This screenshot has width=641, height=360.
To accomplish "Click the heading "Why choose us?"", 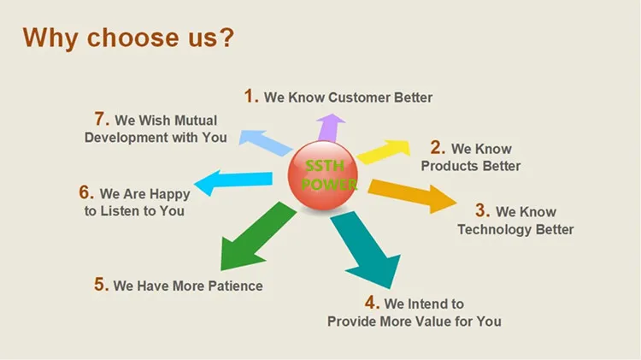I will pos(128,38).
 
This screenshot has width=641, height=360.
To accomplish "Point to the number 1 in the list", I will pos(250,97).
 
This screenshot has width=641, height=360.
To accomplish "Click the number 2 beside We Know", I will pos(437,148).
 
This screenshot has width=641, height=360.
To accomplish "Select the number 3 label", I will pos(482,210).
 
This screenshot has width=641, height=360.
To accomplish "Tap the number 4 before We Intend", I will pos(371,303).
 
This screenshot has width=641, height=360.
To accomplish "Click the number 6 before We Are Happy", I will pos(86,192).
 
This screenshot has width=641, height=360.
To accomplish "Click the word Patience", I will pos(232,286).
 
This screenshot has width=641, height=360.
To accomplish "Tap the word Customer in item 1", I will pos(360,97).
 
